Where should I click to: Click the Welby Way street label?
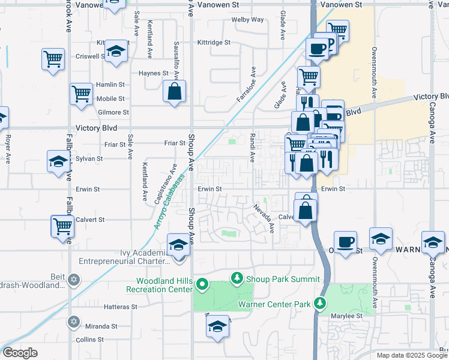click(x=248, y=20)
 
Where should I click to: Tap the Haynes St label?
click(x=154, y=73)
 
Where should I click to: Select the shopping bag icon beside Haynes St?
click(x=174, y=92)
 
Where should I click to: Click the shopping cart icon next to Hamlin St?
click(x=81, y=94)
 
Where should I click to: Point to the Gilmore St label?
click(x=113, y=112)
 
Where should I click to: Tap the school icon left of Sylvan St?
click(x=58, y=161)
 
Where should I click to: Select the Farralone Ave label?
click(x=246, y=88)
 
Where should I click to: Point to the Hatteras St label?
click(x=120, y=307)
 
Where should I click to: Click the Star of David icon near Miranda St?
click(x=74, y=321)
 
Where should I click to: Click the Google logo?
click(x=20, y=353)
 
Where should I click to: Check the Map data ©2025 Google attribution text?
click(x=411, y=355)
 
